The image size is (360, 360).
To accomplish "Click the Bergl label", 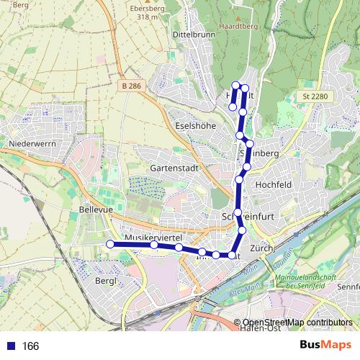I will pos(105,279).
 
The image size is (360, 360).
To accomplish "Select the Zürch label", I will pos(260,248).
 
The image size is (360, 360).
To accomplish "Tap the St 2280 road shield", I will pos(310,95).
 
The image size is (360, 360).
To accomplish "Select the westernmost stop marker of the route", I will pos(111,244).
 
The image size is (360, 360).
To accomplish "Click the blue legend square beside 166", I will pos(10,346).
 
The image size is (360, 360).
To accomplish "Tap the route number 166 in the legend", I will pos(30,346).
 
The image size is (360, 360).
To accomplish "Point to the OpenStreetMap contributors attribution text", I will pos(297,323).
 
